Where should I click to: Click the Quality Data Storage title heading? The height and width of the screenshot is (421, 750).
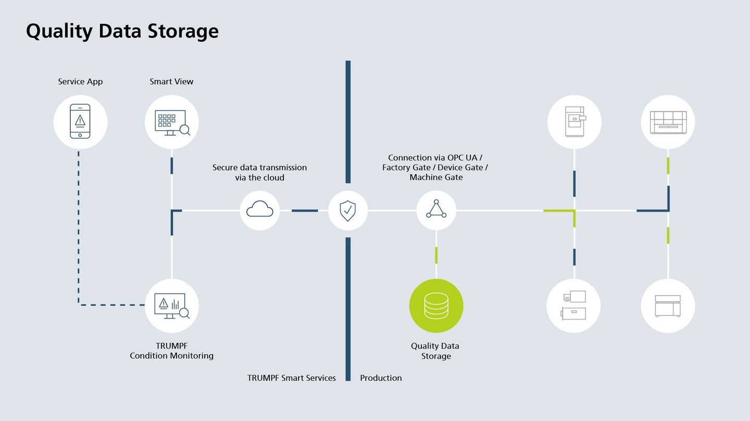point(122,31)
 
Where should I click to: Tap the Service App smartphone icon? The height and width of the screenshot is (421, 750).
point(80,121)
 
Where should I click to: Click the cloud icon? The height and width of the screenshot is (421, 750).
point(260,209)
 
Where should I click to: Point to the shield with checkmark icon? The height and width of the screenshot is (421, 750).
point(348,211)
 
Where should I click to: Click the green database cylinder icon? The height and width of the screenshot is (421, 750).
point(436,306)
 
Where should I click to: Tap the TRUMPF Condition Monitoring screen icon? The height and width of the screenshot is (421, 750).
point(172,306)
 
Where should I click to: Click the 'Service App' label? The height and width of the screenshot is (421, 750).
point(80,82)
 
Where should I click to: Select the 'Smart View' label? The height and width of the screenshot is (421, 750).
point(171,82)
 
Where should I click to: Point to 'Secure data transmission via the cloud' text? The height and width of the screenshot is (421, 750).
point(260,172)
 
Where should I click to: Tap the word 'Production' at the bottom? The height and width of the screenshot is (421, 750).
point(381,378)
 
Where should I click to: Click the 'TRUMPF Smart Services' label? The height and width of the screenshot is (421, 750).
point(291,378)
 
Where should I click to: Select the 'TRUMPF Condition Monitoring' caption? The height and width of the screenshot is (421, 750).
point(171,351)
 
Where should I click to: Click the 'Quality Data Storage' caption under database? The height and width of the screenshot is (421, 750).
point(435,351)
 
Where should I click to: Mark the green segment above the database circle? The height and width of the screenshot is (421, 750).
point(436,256)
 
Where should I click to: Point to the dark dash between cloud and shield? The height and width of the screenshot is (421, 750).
point(305,211)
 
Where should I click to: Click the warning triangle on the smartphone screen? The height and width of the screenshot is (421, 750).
point(80,120)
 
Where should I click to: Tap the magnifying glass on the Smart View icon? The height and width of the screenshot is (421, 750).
point(185,130)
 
